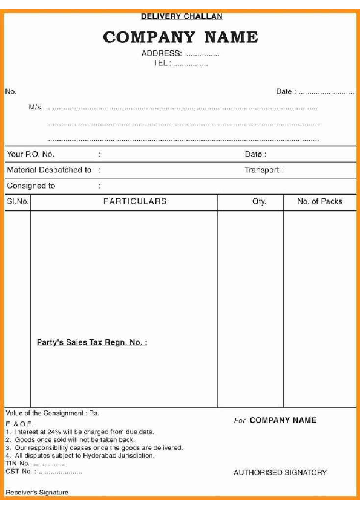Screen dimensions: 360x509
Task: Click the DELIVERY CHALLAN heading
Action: pyautogui.click(x=181, y=16)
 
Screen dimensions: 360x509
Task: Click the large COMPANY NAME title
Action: pyautogui.click(x=180, y=37)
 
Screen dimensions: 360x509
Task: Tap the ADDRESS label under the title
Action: pyautogui.click(x=161, y=53)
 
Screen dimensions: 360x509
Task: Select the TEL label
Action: pyautogui.click(x=162, y=63)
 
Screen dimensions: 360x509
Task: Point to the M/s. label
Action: pyautogui.click(x=36, y=108)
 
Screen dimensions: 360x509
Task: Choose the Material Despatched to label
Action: pyautogui.click(x=49, y=170)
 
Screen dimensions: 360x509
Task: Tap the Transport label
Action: pyautogui.click(x=262, y=170)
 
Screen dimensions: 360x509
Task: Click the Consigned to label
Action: pyautogui.click(x=31, y=186)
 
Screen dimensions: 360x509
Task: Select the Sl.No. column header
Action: pyautogui.click(x=18, y=202)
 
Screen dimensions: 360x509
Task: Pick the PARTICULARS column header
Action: pyautogui.click(x=135, y=202)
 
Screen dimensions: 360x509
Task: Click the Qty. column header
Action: pyautogui.click(x=259, y=202)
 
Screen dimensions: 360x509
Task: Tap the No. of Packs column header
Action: pyautogui.click(x=319, y=202)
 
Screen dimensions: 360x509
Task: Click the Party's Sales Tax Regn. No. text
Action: pyautogui.click(x=92, y=343)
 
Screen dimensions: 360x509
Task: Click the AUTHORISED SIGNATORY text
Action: pyautogui.click(x=280, y=473)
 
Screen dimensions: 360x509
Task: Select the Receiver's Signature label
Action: pyautogui.click(x=37, y=493)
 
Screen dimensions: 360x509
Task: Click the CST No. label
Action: pyautogui.click(x=18, y=472)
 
